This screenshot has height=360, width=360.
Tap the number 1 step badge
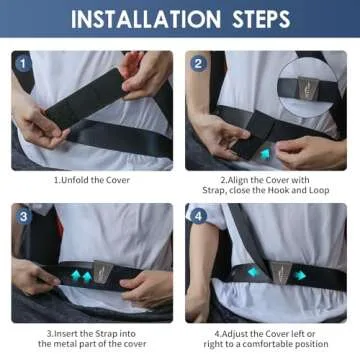pyautogui.click(x=22, y=62)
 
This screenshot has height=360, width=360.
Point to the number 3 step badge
pyautogui.click(x=22, y=215)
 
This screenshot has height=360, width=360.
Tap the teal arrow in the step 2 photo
pyautogui.click(x=264, y=153)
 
